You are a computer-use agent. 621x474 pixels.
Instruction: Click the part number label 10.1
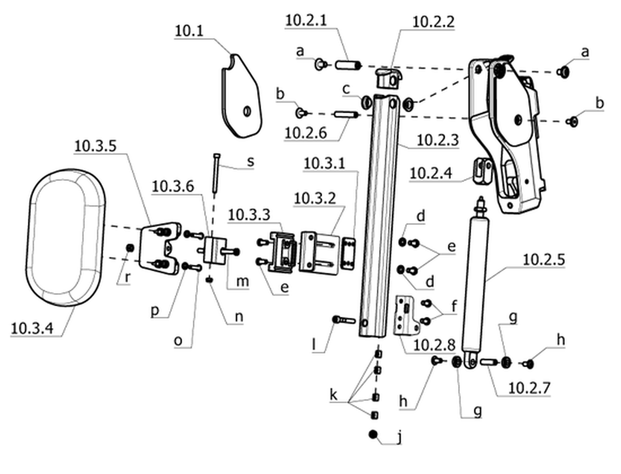(189, 31)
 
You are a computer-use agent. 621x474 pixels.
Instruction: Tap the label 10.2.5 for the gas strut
(544, 260)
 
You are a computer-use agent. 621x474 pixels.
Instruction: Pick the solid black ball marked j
(373, 434)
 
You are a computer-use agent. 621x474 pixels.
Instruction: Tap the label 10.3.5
(95, 146)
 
